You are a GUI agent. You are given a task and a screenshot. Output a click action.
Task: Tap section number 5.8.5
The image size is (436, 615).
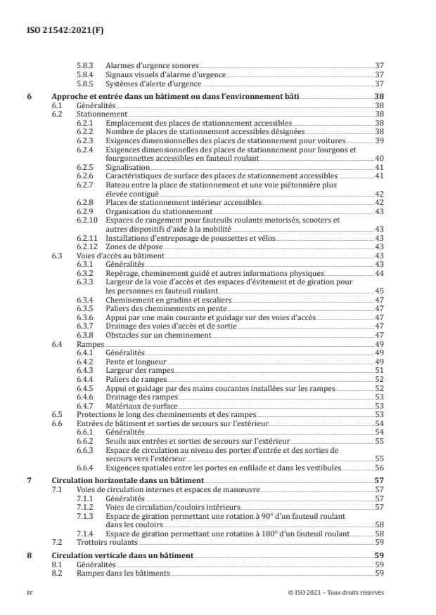85,84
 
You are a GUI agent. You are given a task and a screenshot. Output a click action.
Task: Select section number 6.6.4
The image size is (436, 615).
85,467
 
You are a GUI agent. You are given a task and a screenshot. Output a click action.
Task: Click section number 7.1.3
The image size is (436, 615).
85,516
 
